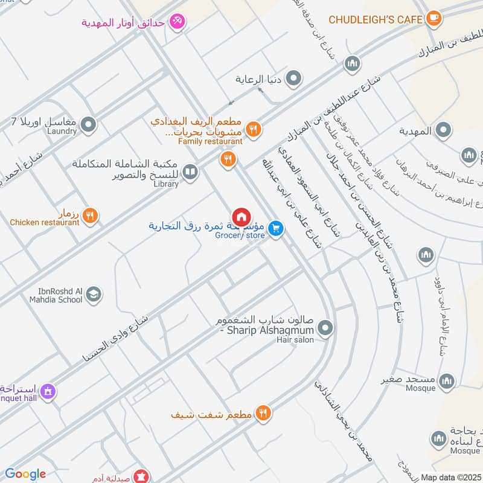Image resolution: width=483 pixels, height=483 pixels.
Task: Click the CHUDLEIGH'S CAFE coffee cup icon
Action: pyautogui.click(x=433, y=19)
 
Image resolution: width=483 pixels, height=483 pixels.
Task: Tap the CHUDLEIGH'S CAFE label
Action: pyautogui.click(x=375, y=20)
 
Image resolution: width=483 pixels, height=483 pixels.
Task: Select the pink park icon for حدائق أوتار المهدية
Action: pyautogui.click(x=178, y=22)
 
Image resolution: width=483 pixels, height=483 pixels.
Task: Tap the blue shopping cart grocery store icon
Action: pyautogui.click(x=276, y=228)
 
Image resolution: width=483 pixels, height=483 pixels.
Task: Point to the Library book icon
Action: pyautogui.click(x=190, y=173)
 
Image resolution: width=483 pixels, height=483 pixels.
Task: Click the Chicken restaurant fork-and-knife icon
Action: pyautogui.click(x=90, y=215)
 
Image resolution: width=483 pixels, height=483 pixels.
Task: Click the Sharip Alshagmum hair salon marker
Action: pyautogui.click(x=326, y=329)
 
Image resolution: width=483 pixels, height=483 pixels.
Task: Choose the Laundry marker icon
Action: pyautogui.click(x=89, y=125)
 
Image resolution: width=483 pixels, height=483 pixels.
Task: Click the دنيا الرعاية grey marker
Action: pyautogui.click(x=294, y=78)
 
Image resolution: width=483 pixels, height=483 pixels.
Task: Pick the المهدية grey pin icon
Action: pyautogui.click(x=444, y=130)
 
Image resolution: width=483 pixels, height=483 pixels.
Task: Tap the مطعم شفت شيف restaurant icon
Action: pyautogui.click(x=263, y=414)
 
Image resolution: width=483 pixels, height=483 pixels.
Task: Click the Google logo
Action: pyautogui.click(x=25, y=474)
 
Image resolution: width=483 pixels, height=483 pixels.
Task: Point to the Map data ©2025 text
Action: pyautogui.click(x=450, y=477)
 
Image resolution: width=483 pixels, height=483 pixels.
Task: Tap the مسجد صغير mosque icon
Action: pyautogui.click(x=447, y=381)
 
